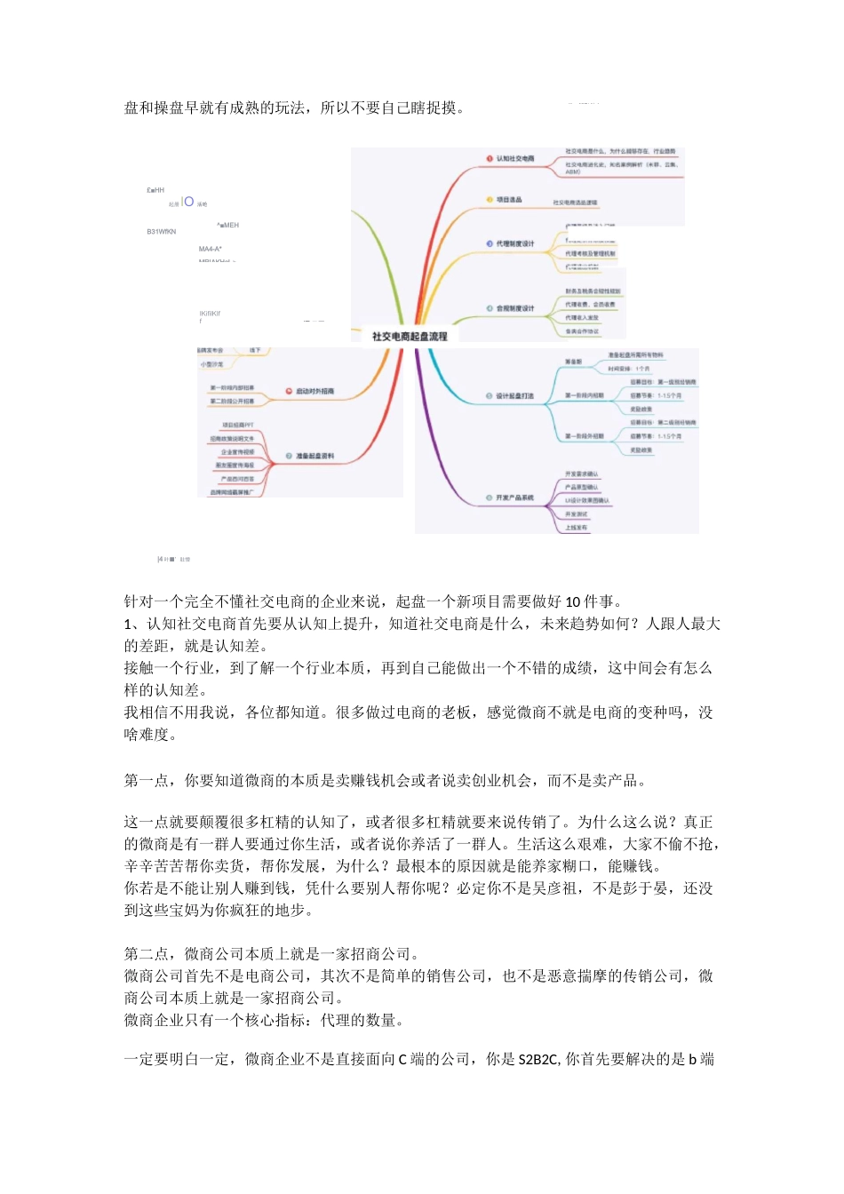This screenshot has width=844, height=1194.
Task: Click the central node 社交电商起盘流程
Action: pyautogui.click(x=410, y=336)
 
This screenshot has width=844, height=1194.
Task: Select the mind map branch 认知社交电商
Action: pyautogui.click(x=515, y=158)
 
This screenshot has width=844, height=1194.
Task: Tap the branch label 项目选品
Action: pyautogui.click(x=509, y=200)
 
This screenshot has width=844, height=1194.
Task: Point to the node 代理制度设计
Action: pyautogui.click(x=515, y=243)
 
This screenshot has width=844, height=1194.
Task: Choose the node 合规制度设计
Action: pyautogui.click(x=515, y=308)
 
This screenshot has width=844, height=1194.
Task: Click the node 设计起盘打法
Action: pyautogui.click(x=515, y=395)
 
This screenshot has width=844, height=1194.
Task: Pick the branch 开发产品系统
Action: pyautogui.click(x=515, y=497)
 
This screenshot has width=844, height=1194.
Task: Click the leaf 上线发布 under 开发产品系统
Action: pyautogui.click(x=576, y=528)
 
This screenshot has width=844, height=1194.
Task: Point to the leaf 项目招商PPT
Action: pyautogui.click(x=237, y=425)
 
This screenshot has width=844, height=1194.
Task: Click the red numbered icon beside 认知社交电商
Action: pyautogui.click(x=489, y=158)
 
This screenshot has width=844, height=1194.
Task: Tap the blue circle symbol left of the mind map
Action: pyautogui.click(x=188, y=202)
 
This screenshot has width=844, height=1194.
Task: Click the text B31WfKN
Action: pyautogui.click(x=162, y=232)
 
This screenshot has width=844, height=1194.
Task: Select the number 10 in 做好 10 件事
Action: pyautogui.click(x=574, y=602)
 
